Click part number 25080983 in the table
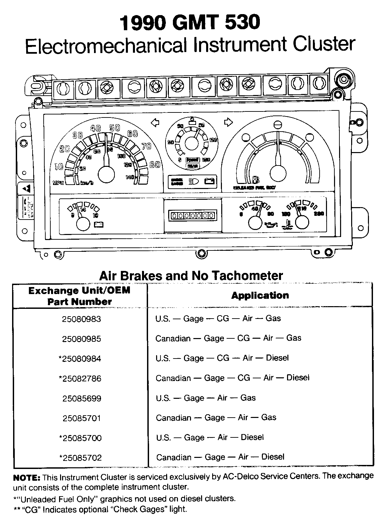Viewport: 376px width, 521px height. coord(81,319)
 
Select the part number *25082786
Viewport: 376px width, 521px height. coord(80,379)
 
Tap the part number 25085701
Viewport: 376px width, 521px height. coord(82,418)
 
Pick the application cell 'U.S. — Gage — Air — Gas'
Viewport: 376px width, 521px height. coord(205,398)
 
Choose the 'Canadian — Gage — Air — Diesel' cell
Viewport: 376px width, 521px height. coord(220,457)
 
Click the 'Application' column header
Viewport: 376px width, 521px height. coord(260,295)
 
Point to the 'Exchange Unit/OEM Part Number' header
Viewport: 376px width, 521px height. coord(79,296)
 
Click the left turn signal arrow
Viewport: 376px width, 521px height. coord(155,123)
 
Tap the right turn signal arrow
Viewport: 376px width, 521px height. coord(228,123)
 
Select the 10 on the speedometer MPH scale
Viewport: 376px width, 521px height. coord(58,166)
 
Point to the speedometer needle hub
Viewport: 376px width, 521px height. coord(106,175)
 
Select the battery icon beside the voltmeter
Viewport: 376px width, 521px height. coord(99,224)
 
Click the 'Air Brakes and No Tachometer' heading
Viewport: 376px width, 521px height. coord(191,276)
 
